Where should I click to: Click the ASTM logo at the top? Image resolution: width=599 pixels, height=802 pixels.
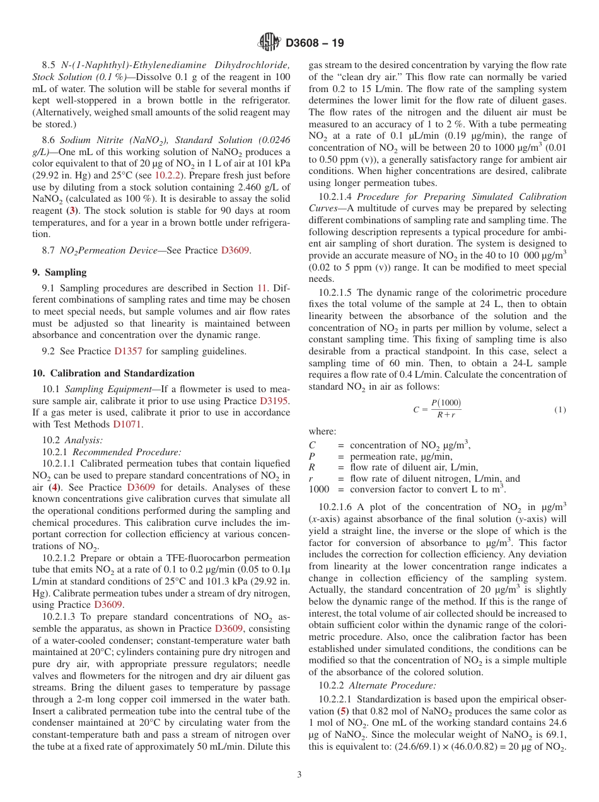pos(270,42)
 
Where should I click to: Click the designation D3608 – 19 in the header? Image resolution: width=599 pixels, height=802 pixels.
pos(315,43)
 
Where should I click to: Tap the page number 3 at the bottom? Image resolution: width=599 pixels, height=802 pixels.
pos(299,775)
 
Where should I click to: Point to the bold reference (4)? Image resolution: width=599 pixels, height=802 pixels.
pos(55,487)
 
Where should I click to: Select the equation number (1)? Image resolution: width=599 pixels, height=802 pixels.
pos(560,409)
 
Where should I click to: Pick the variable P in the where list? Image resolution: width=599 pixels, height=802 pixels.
pos(311,456)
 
